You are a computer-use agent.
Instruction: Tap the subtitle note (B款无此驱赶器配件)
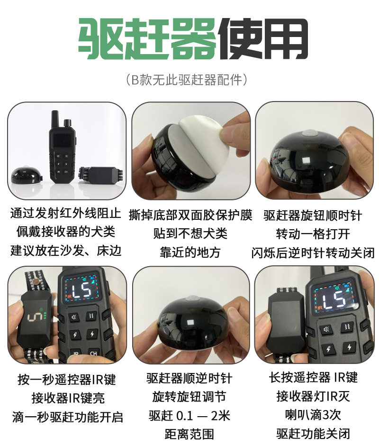tap(190, 79)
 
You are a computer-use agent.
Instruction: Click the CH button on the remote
tap(93, 354)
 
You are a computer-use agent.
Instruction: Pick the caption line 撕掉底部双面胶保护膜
tap(190, 215)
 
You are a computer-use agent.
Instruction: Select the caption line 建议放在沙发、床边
tap(66, 251)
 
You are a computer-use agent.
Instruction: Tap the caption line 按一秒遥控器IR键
tap(66, 380)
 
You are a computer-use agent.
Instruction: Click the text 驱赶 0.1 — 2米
tap(189, 416)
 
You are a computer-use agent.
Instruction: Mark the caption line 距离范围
tap(189, 434)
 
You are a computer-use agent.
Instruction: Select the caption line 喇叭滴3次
tap(313, 415)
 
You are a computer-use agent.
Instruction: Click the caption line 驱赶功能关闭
tap(313, 433)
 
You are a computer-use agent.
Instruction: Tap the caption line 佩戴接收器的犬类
tap(66, 232)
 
